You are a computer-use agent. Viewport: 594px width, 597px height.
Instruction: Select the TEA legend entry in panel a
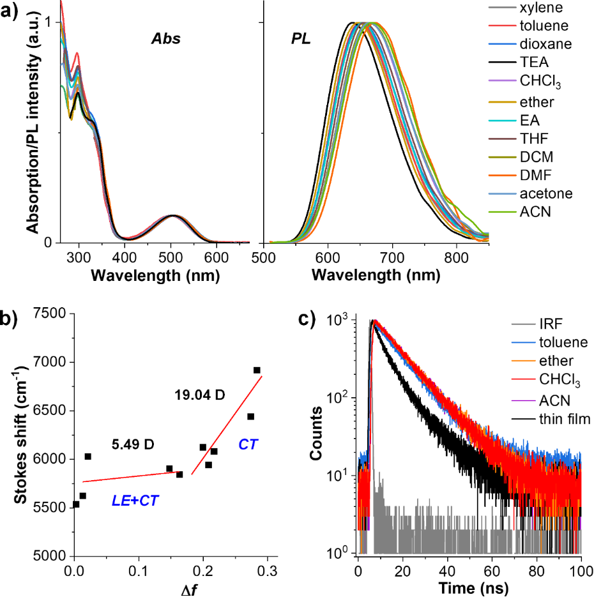[535, 63]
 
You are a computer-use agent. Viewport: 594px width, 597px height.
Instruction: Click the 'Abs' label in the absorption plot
[165, 39]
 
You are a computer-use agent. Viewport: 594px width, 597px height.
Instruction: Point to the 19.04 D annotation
[199, 396]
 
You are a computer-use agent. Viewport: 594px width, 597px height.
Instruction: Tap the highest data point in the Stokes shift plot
[257, 370]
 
